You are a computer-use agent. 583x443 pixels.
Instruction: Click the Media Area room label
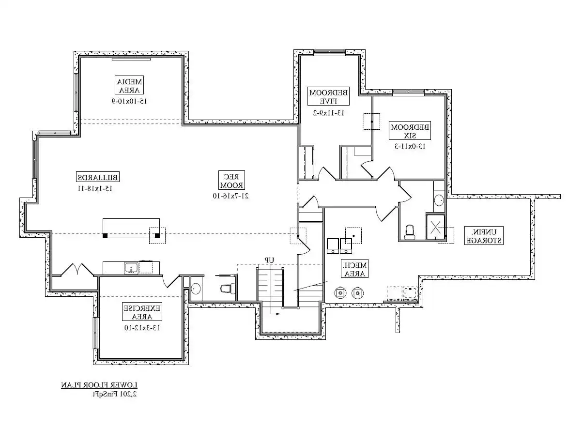129,85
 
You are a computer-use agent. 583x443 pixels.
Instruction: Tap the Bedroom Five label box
328,96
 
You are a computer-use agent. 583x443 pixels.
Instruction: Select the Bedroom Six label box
410,131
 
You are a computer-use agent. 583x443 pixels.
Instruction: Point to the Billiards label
98,177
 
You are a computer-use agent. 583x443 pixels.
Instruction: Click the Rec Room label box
231,180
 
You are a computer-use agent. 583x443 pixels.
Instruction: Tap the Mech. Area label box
354,269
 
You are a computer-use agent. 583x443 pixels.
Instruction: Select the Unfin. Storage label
484,236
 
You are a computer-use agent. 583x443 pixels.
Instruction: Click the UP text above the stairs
269,260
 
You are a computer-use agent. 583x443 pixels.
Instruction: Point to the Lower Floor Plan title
99,385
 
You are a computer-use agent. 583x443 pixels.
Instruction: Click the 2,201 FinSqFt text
115,394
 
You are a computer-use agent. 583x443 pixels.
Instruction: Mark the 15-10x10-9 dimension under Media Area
129,101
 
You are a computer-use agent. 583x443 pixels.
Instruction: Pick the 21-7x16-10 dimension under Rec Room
230,196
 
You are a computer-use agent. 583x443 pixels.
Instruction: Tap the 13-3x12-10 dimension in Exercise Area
142,328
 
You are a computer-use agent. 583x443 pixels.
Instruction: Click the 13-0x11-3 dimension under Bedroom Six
410,146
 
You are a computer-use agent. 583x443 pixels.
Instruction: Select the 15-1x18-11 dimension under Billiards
95,188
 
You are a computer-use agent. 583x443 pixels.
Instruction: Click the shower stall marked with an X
435,228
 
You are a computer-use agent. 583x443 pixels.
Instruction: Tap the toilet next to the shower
410,232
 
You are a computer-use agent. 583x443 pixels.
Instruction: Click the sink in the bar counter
131,268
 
